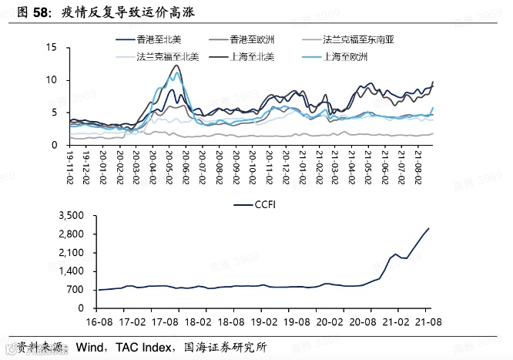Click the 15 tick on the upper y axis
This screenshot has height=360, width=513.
click(x=52, y=48)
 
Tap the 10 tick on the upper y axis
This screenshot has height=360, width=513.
click(x=52, y=80)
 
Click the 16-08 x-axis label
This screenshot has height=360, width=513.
click(x=99, y=317)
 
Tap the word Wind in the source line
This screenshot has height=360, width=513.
click(x=91, y=348)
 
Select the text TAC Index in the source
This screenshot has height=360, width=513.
click(x=142, y=348)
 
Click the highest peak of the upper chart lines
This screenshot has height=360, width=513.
click(x=178, y=66)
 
